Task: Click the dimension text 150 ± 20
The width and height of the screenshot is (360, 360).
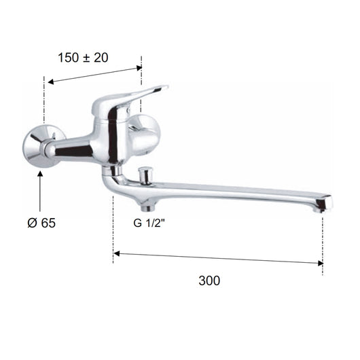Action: click(82, 58)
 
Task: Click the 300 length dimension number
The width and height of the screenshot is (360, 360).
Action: click(211, 280)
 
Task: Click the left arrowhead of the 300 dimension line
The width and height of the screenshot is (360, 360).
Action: click(117, 253)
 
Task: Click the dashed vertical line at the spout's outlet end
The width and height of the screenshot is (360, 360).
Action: click(323, 245)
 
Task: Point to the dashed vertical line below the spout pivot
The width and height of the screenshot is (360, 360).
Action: click(113, 231)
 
